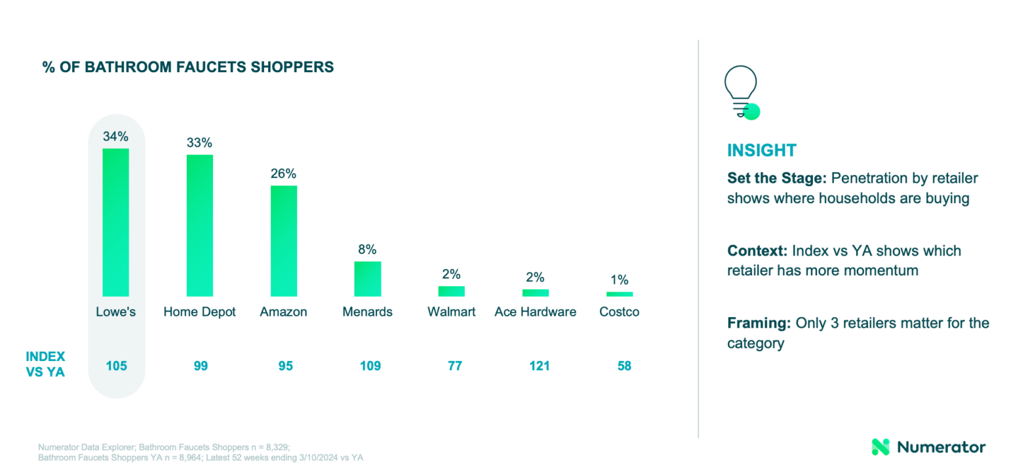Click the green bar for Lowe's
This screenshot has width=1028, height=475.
(x=115, y=222)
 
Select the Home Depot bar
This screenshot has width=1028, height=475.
(x=200, y=225)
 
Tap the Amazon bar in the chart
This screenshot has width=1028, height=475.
(x=284, y=240)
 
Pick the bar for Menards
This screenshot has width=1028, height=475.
(x=367, y=278)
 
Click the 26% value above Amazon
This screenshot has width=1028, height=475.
(x=284, y=174)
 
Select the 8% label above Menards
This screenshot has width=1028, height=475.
(x=367, y=250)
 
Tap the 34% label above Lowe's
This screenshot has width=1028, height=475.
(x=115, y=137)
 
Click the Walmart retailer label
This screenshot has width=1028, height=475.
(x=451, y=312)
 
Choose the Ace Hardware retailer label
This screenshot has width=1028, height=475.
(x=535, y=312)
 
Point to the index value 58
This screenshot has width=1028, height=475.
(x=624, y=366)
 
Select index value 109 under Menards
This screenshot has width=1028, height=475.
(x=370, y=366)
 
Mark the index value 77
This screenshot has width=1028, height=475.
(x=454, y=366)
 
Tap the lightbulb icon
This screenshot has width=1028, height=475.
(x=741, y=92)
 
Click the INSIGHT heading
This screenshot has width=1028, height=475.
(x=761, y=150)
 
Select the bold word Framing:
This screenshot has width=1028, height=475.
(x=759, y=323)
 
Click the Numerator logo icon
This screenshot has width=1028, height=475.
(x=880, y=447)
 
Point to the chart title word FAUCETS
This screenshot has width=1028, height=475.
(x=195, y=67)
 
